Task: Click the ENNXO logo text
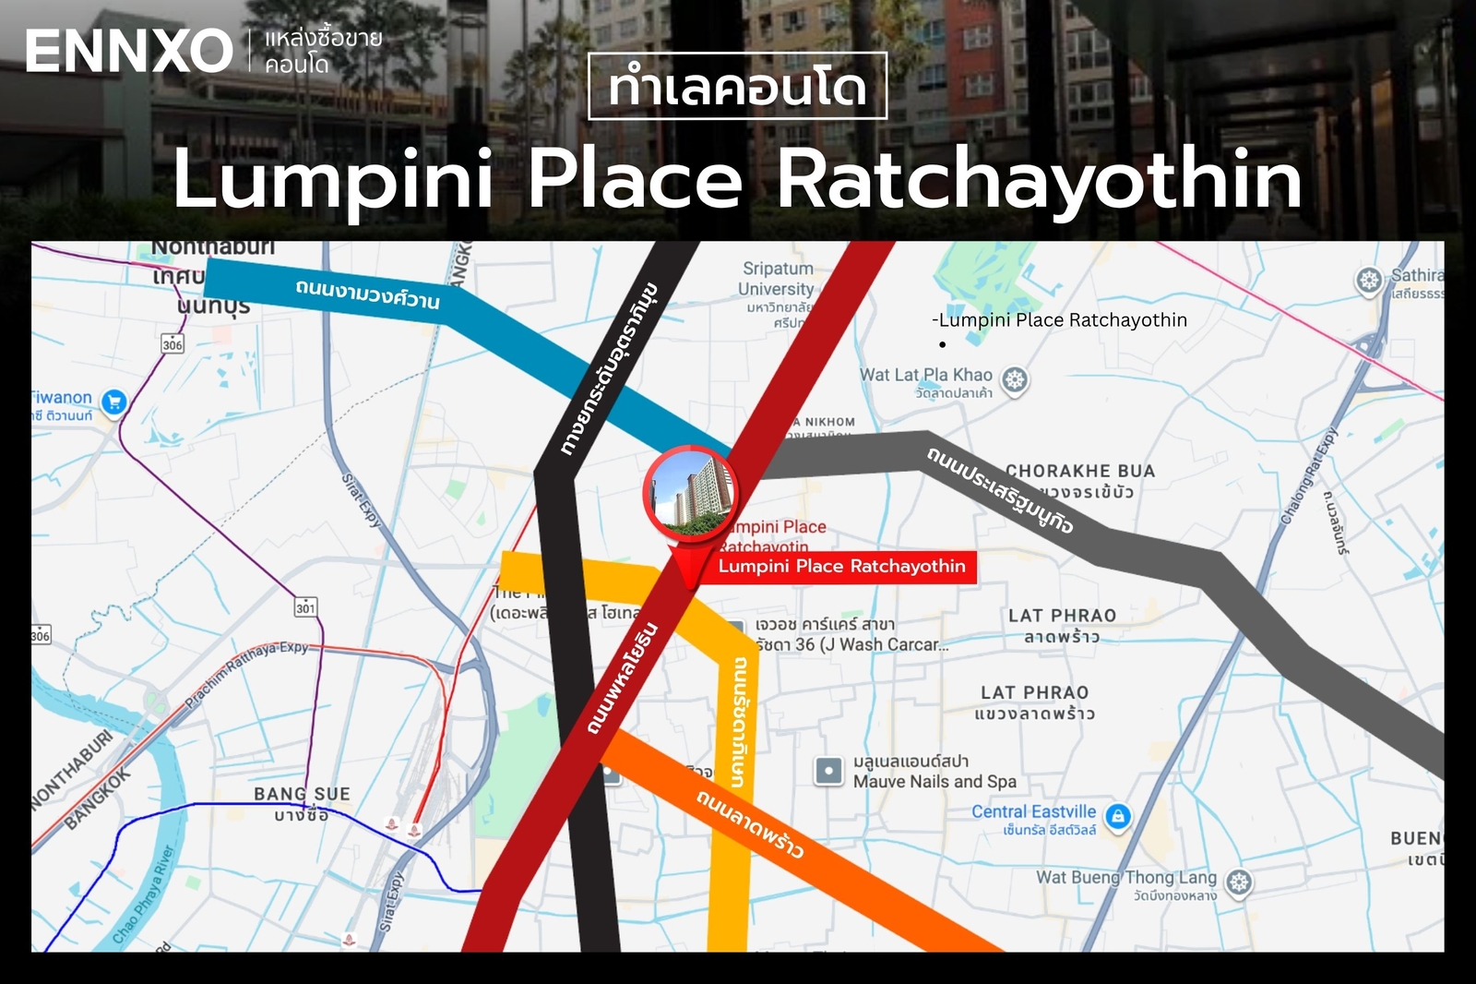point(128,52)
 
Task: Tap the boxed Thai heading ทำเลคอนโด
point(737,87)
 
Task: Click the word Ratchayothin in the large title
point(1040,179)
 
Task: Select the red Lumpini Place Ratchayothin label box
point(841,566)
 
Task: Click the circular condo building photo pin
point(689,494)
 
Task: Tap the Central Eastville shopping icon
point(1118,816)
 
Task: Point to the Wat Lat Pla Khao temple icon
point(1015,379)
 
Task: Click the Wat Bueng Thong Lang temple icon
point(1240,882)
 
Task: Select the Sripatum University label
point(778,279)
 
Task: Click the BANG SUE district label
point(302,794)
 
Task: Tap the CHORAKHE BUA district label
point(1079,471)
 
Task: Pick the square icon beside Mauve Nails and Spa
point(828,771)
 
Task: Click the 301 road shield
point(305,607)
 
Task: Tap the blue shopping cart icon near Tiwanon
point(114,402)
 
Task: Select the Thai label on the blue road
point(367,293)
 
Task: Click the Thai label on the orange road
point(749,822)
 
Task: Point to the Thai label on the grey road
point(1000,490)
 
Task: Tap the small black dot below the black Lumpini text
point(942,344)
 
